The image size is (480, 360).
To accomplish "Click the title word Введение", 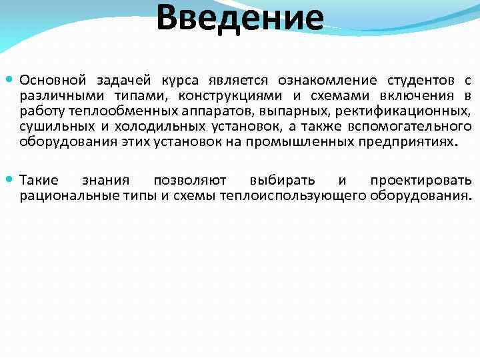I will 240,19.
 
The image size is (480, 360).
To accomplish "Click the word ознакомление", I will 331,80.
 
